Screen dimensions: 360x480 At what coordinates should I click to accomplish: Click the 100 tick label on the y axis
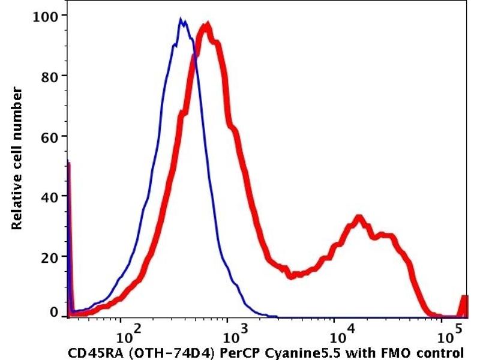pyautogui.click(x=49, y=15)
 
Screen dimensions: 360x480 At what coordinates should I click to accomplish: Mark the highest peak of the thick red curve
pyautogui.click(x=207, y=26)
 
